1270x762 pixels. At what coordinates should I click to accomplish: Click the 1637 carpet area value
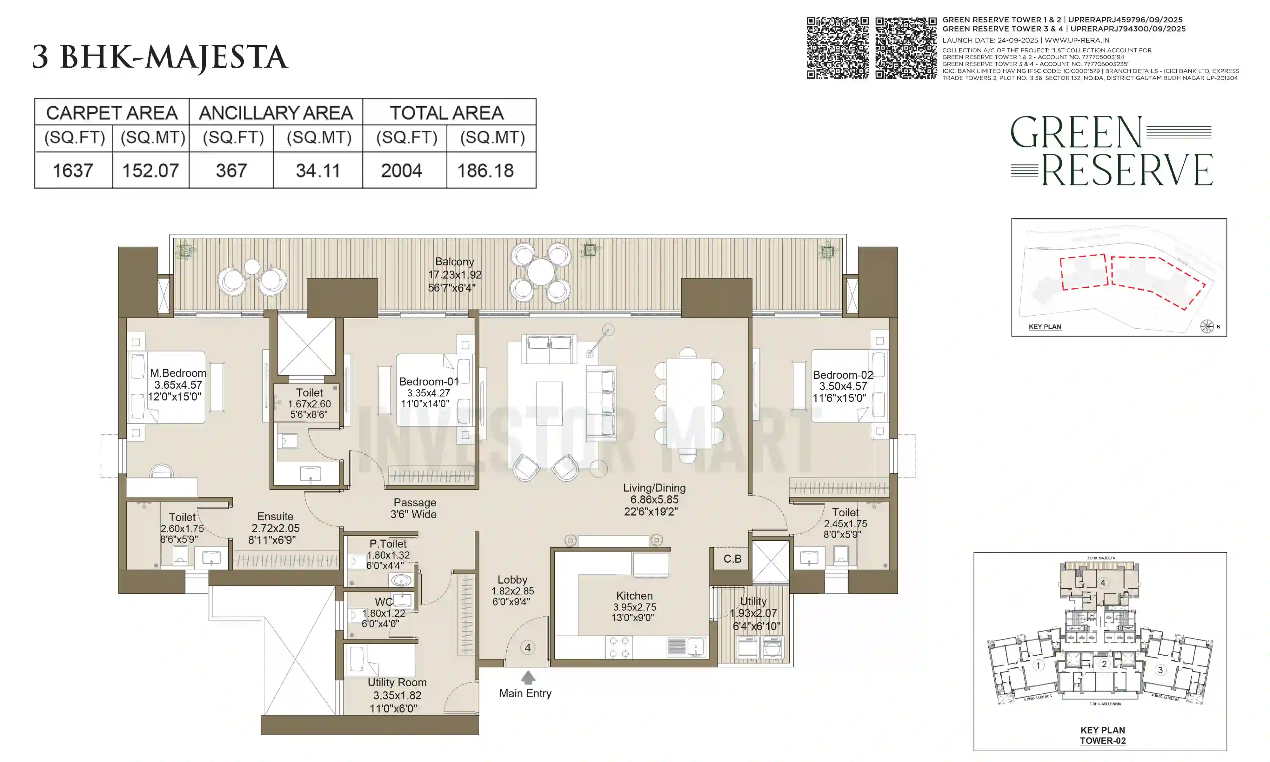(x=73, y=170)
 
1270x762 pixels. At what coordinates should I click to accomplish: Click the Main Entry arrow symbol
(x=528, y=678)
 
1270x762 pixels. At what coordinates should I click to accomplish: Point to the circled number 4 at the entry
(x=528, y=647)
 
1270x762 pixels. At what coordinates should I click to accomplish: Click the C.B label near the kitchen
(x=732, y=559)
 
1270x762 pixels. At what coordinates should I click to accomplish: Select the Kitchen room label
(x=634, y=596)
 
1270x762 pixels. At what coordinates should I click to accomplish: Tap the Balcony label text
(x=454, y=261)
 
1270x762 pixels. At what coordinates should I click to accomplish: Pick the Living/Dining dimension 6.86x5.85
(x=654, y=500)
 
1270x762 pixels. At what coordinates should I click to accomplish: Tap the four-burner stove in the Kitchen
(x=618, y=647)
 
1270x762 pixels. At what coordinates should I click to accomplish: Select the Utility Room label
(x=397, y=682)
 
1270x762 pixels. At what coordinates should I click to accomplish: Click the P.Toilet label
(x=388, y=544)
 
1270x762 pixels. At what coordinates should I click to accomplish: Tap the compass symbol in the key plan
(x=1206, y=326)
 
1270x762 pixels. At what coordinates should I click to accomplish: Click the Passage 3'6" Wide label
(x=414, y=508)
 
